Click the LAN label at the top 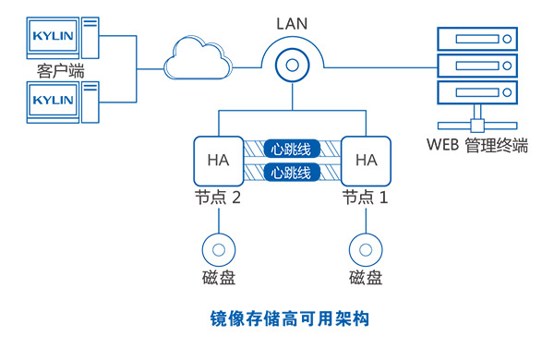click(x=292, y=20)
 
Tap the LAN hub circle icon click(x=293, y=66)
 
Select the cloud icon click(x=195, y=60)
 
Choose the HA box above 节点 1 click(x=367, y=160)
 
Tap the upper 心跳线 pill click(x=292, y=148)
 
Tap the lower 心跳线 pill click(x=292, y=173)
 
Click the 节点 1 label click(x=367, y=198)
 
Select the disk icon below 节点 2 click(x=218, y=250)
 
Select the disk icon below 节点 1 click(x=367, y=250)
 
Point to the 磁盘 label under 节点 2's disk click(x=218, y=280)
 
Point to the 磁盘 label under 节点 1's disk click(x=367, y=280)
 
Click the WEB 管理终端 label click(x=477, y=145)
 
